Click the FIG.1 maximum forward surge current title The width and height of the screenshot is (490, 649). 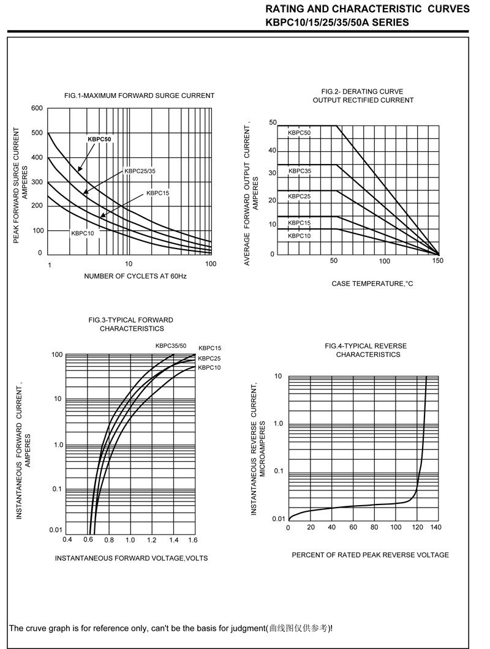pyautogui.click(x=139, y=96)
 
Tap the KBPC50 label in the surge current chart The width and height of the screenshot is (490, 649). pyautogui.click(x=100, y=139)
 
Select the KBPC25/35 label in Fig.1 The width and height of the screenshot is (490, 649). pyautogui.click(x=140, y=171)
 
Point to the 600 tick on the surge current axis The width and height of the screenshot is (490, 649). pyautogui.click(x=37, y=108)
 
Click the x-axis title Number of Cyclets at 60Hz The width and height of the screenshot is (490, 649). pyautogui.click(x=135, y=277)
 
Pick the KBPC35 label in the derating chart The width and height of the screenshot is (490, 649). pyautogui.click(x=299, y=171)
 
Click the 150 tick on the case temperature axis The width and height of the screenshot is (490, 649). pyautogui.click(x=437, y=261)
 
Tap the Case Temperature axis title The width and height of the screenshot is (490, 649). pyautogui.click(x=372, y=283)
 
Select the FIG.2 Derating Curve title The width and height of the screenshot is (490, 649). pyautogui.click(x=363, y=96)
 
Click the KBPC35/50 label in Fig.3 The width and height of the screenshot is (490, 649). pyautogui.click(x=171, y=346)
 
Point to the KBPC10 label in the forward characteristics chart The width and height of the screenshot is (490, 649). pyautogui.click(x=209, y=367)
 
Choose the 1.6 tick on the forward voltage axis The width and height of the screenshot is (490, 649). pyautogui.click(x=192, y=540)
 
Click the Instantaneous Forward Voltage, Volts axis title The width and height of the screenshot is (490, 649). pyautogui.click(x=131, y=558)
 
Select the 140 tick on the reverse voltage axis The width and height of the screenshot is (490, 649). pyautogui.click(x=435, y=528)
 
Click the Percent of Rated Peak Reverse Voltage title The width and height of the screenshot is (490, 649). pyautogui.click(x=370, y=555)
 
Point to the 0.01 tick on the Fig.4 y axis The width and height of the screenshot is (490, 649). pyautogui.click(x=278, y=519)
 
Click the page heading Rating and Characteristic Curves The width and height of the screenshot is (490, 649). pyautogui.click(x=367, y=9)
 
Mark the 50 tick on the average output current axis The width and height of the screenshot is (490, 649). pyautogui.click(x=273, y=123)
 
